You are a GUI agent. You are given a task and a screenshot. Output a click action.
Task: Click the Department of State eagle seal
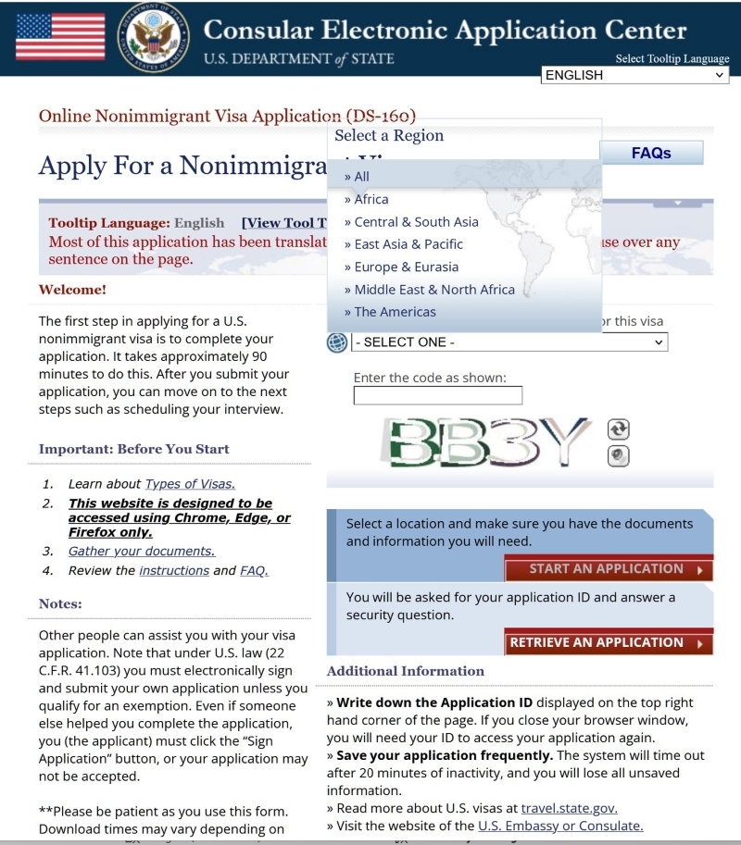[153, 38]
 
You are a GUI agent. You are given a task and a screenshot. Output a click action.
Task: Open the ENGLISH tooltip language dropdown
[634, 75]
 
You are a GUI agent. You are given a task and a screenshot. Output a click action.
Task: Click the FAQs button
[651, 153]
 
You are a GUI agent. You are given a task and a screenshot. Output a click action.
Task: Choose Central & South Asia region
[416, 222]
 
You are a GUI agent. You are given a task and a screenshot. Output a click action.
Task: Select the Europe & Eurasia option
[406, 267]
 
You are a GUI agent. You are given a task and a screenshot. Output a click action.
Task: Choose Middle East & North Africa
[433, 290]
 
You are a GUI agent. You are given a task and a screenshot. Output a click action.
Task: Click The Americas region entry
[395, 312]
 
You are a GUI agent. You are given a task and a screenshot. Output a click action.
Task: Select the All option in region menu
[361, 177]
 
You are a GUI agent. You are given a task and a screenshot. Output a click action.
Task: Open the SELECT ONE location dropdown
[509, 342]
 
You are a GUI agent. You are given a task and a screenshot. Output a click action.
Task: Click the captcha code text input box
[437, 396]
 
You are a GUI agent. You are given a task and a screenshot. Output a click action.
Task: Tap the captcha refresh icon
[618, 429]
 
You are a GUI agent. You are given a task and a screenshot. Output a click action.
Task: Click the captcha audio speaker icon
[618, 455]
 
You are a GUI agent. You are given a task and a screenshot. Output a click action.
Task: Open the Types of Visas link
[190, 484]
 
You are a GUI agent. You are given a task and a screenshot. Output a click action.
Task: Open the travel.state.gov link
[569, 808]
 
